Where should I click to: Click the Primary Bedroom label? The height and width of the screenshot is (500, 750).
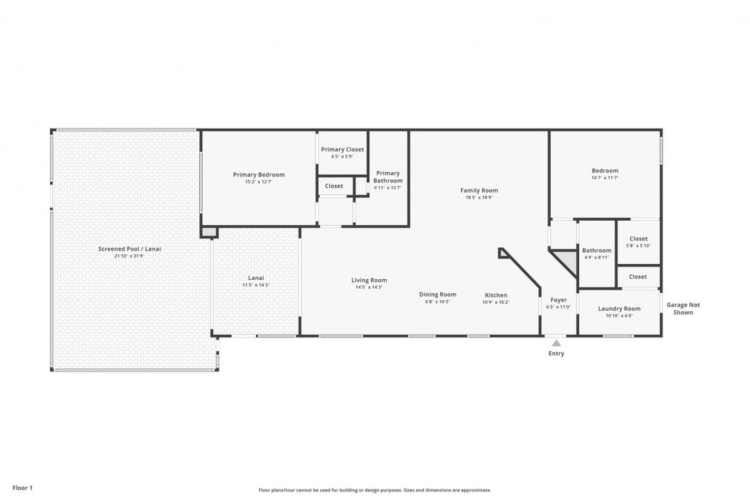(258, 175)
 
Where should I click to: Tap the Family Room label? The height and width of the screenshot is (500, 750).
(479, 190)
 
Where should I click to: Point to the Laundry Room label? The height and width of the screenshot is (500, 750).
(619, 308)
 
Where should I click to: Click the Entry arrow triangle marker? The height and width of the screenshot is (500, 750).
(556, 342)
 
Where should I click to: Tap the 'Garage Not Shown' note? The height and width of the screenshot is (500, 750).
(683, 308)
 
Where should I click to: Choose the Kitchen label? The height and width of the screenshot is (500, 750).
(496, 295)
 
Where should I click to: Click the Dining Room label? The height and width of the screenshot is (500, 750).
(437, 294)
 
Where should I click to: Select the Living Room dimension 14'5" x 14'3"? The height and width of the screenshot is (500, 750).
(369, 287)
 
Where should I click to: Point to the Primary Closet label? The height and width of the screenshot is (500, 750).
(342, 149)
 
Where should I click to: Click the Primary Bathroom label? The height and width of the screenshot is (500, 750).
(387, 177)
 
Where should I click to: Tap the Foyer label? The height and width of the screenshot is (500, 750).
(558, 300)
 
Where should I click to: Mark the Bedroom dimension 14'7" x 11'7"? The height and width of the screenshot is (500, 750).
(605, 178)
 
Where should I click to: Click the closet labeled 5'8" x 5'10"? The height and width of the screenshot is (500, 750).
(638, 242)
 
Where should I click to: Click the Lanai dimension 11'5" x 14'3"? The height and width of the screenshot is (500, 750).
(256, 285)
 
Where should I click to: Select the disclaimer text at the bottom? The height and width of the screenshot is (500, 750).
(374, 490)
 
